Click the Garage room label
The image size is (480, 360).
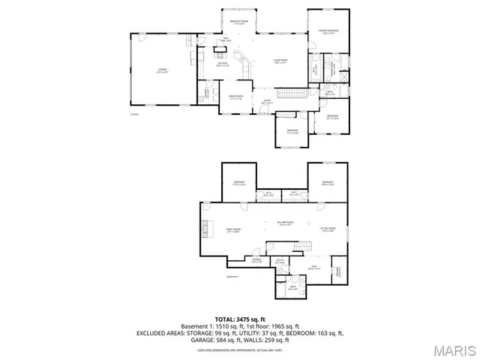click(161, 71)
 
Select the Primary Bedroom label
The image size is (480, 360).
click(328, 31)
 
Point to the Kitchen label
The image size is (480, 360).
click(223, 64)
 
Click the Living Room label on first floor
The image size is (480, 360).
click(280, 61)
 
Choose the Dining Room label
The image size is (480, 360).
click(237, 97)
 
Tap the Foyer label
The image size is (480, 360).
click(266, 101)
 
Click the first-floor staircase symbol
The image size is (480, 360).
click(290, 92)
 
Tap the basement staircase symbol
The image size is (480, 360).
click(302, 247)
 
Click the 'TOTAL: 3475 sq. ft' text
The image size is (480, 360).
click(239, 319)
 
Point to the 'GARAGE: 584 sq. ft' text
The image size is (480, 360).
click(212, 339)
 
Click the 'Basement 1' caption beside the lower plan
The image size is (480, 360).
click(232, 277)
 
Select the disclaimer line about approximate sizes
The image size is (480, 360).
click(239, 349)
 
